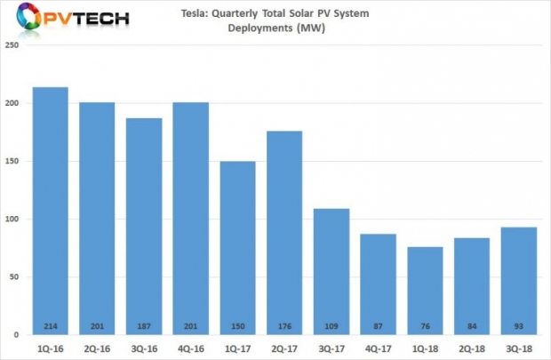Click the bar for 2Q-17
(283, 232)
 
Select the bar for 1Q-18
(424, 290)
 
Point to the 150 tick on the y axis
(12, 162)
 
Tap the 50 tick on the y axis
(15, 277)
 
